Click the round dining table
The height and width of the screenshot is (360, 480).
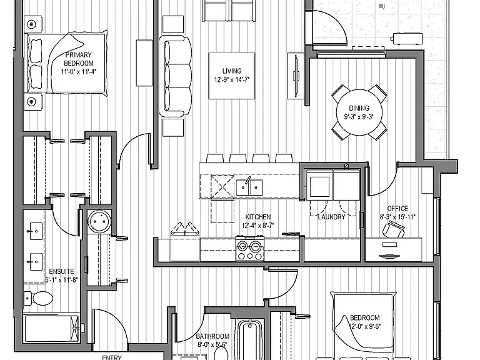[359, 112]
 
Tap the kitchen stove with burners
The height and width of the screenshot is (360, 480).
[250, 248]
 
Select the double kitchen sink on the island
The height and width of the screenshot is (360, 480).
[249, 187]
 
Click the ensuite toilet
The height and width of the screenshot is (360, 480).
[39, 298]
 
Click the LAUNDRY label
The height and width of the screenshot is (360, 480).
[331, 217]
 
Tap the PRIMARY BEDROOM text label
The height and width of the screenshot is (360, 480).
[79, 59]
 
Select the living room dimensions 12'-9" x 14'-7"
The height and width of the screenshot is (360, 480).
[232, 79]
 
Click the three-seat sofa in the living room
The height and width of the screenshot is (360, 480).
[175, 76]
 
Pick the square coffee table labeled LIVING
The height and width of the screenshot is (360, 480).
[232, 76]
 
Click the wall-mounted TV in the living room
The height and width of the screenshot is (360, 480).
[296, 76]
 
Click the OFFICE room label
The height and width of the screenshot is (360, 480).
[397, 209]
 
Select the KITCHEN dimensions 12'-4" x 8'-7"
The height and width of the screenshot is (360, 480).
[257, 226]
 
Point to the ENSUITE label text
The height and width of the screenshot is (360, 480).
[61, 271]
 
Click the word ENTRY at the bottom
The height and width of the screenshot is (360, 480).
[112, 357]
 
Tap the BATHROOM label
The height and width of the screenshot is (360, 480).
[212, 336]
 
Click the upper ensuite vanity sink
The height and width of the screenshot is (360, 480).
[34, 231]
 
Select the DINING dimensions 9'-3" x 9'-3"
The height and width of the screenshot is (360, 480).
[359, 117]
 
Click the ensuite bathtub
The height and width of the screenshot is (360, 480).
[51, 329]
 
